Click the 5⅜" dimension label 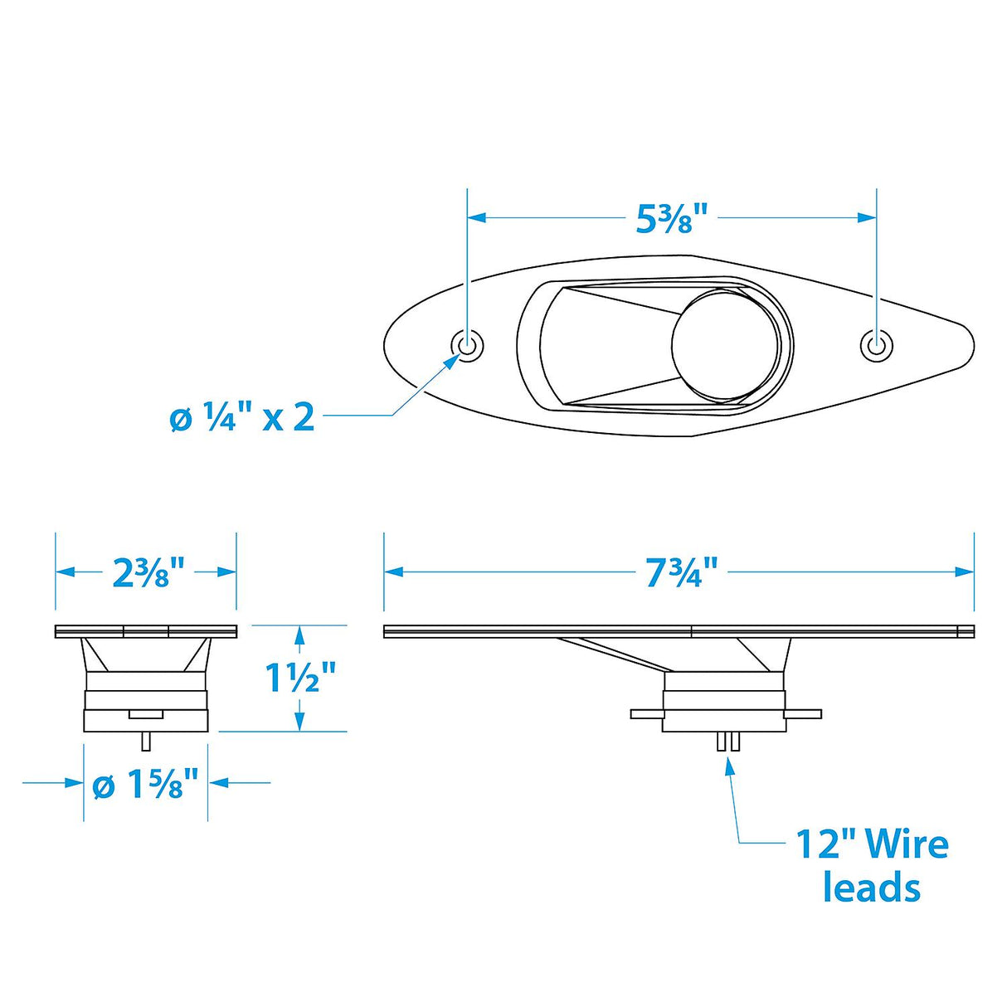tap(671, 218)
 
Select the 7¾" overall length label tap(680, 572)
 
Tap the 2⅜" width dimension tap(147, 572)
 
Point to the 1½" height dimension tap(300, 678)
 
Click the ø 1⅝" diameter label tap(146, 784)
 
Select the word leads tap(872, 888)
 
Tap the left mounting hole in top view tap(468, 344)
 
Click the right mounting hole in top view tap(875, 344)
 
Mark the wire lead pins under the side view tap(728, 742)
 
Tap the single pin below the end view tap(146, 739)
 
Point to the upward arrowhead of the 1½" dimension tap(300, 635)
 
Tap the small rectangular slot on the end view tap(146, 713)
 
